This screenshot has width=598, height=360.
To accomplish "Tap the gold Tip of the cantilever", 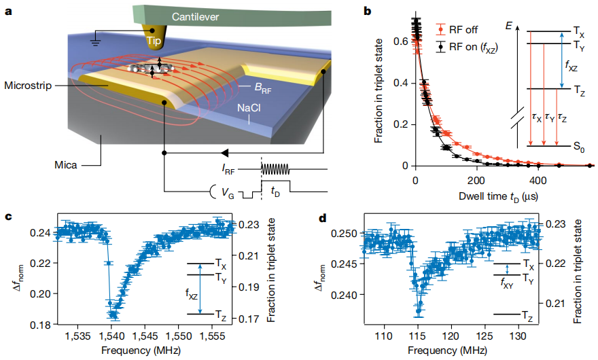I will click(155, 41).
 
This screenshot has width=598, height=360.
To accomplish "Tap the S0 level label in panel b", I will click(580, 146).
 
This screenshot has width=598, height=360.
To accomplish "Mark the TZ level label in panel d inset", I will click(525, 314).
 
